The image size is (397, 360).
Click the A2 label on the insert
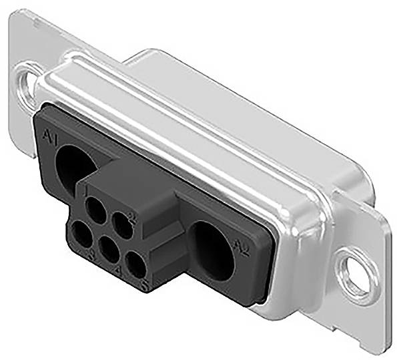tap(243, 249)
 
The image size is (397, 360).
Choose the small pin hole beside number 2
tap(121, 223)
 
